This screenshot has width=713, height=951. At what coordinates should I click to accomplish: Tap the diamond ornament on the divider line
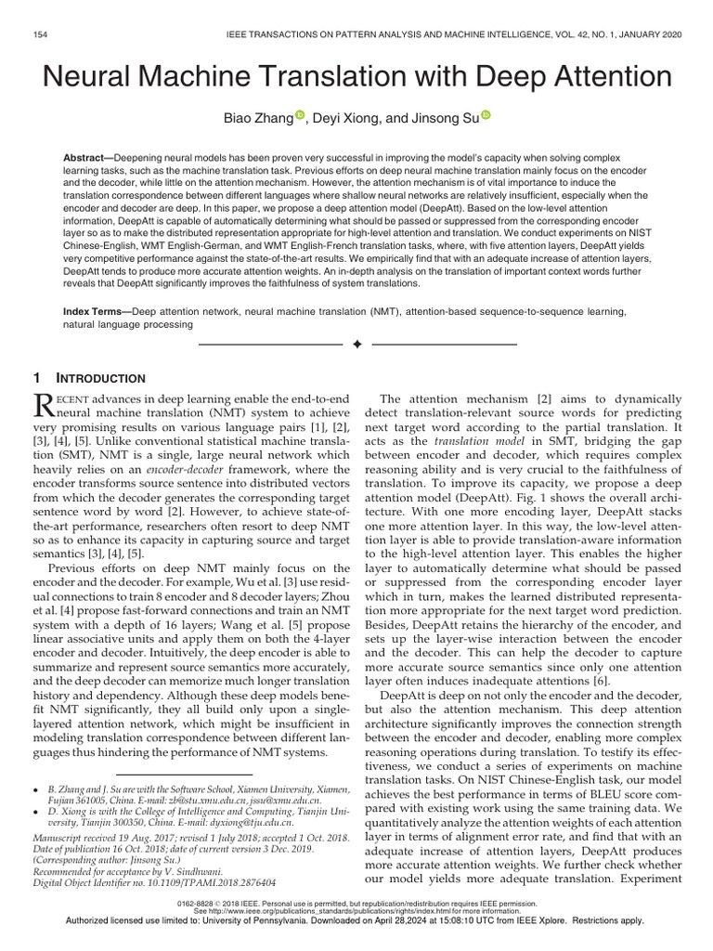356,345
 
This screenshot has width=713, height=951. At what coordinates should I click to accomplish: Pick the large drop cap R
45,404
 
